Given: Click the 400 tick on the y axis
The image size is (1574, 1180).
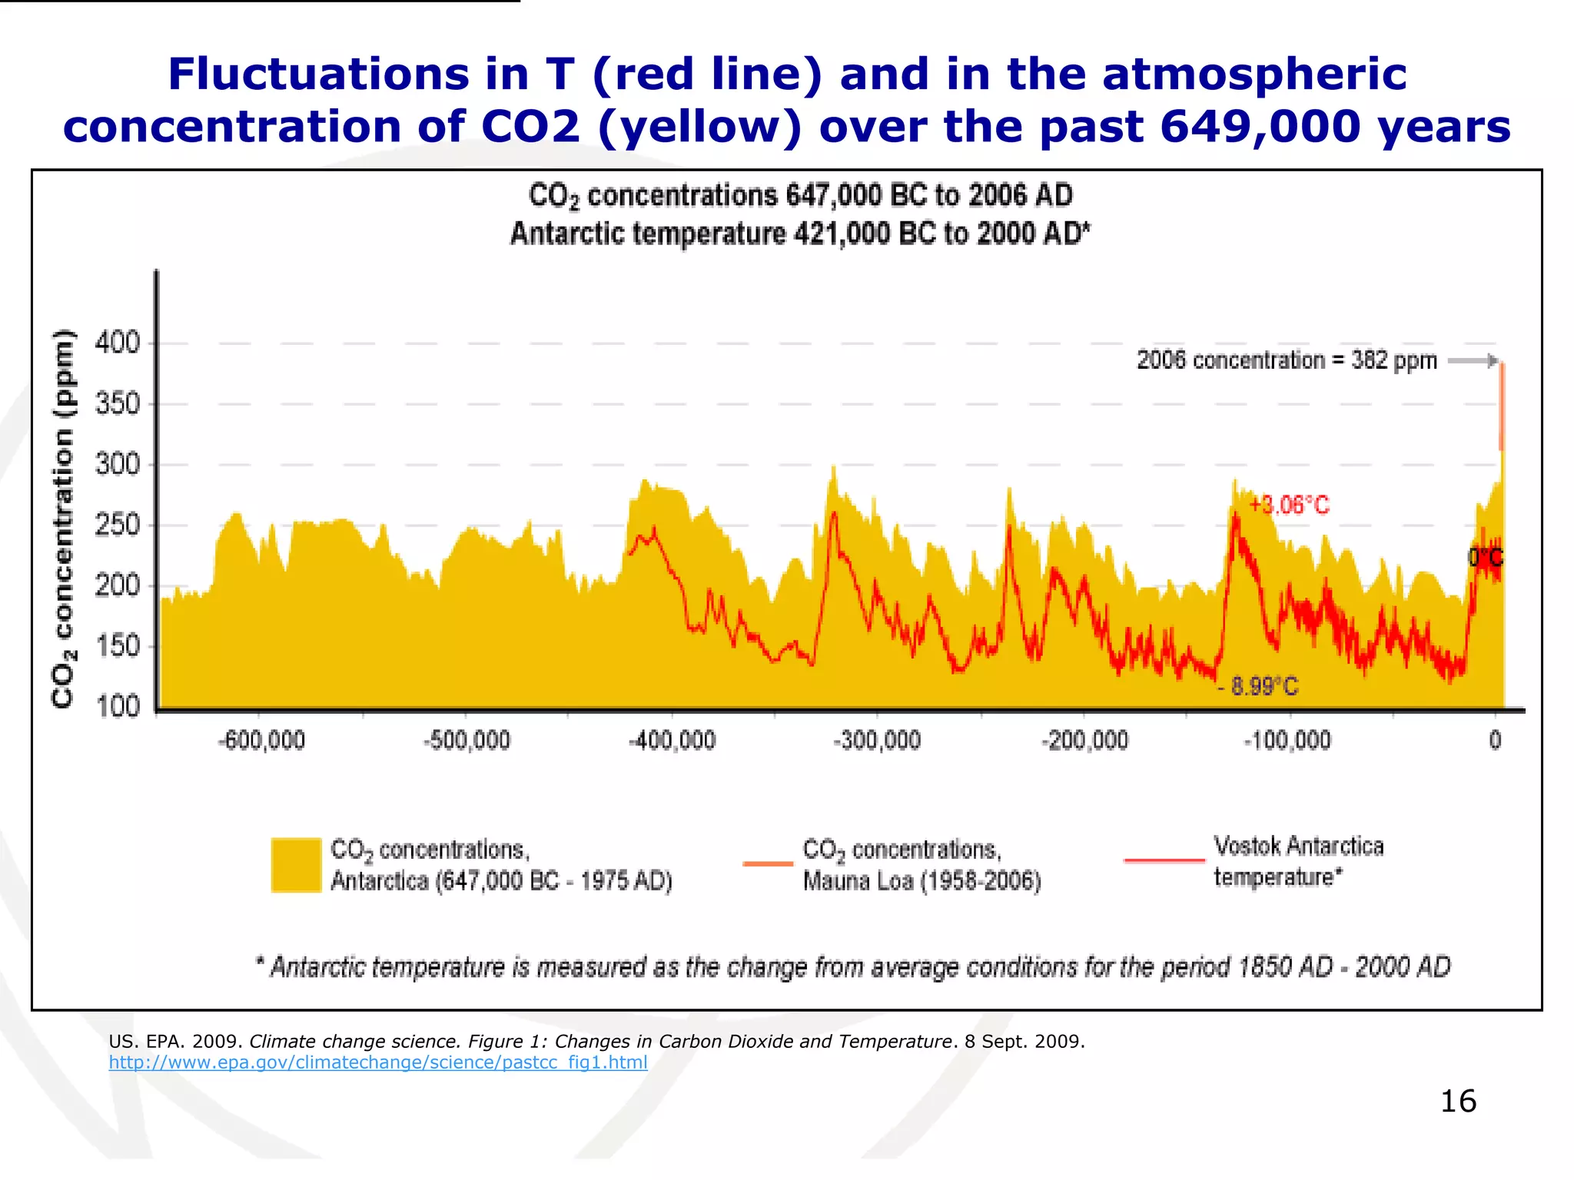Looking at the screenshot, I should (x=118, y=342).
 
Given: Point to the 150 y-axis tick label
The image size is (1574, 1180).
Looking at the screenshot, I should (x=118, y=646).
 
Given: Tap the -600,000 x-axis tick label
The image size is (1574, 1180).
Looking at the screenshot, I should (x=261, y=741).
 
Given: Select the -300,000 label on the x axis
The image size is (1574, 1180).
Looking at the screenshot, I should (x=877, y=741).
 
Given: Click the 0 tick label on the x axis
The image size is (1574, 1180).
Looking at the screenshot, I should (x=1495, y=741).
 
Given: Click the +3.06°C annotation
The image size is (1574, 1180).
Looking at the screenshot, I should (x=1289, y=505).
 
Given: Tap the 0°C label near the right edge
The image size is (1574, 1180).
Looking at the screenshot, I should (x=1485, y=558).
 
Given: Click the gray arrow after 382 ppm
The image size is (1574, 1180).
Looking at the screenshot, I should (x=1473, y=360).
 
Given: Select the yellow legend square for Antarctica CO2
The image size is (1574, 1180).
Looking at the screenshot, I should (x=296, y=865).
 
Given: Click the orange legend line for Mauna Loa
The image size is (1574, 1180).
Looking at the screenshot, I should (x=768, y=863).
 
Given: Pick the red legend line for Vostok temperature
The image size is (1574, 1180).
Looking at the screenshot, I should (x=1164, y=860).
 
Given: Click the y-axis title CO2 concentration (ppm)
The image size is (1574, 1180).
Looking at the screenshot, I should (x=63, y=518).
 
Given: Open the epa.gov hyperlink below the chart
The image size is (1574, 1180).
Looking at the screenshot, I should (x=377, y=1062).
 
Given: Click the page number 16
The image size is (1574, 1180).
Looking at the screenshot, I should (x=1457, y=1101).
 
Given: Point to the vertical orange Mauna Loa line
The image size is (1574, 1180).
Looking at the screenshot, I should (x=1502, y=407).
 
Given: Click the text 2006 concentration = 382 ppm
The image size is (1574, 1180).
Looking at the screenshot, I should (x=1287, y=360).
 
